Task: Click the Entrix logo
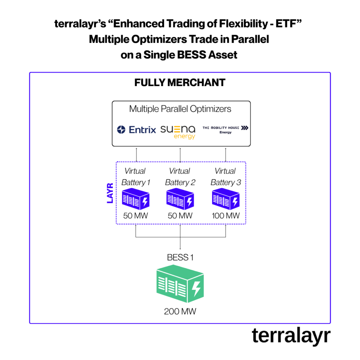(x=136, y=130)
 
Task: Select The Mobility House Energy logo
(x=225, y=130)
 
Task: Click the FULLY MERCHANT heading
(x=180, y=83)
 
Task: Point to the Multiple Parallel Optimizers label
(x=180, y=109)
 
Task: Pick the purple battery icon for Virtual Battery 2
(x=180, y=199)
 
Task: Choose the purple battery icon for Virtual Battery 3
(x=225, y=199)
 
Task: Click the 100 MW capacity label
(x=226, y=216)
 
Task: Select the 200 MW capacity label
(x=180, y=311)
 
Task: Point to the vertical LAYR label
(x=110, y=193)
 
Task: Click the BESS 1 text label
(x=180, y=258)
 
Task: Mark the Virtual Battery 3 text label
(x=225, y=177)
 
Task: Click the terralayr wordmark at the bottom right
(x=291, y=336)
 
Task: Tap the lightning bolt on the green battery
(x=196, y=289)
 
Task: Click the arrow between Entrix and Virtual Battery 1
(x=136, y=155)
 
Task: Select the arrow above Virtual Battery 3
(x=225, y=155)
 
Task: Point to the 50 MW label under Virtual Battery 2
(x=180, y=216)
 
